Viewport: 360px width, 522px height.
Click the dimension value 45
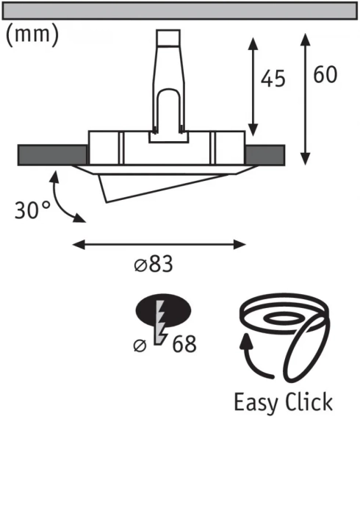(273, 79)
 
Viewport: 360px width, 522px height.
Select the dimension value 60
(327, 74)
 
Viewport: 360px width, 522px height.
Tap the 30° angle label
(32, 210)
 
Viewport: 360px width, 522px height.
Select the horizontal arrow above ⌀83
(159, 243)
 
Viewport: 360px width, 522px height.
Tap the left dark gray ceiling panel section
(51, 154)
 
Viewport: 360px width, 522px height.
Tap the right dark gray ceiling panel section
(264, 154)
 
